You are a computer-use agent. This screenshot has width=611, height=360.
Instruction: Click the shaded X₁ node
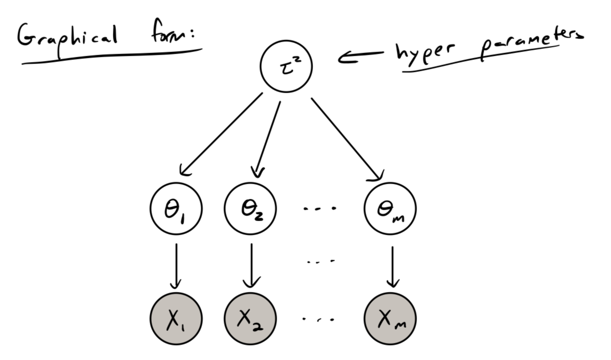(176, 318)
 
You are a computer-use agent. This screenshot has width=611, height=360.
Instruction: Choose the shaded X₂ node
(251, 318)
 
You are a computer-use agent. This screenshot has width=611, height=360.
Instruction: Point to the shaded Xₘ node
(391, 318)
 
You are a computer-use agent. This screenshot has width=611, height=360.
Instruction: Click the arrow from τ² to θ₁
(221, 134)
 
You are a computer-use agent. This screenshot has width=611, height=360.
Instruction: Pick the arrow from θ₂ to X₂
(252, 265)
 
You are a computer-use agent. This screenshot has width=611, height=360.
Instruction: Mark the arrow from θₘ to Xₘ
(393, 265)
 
